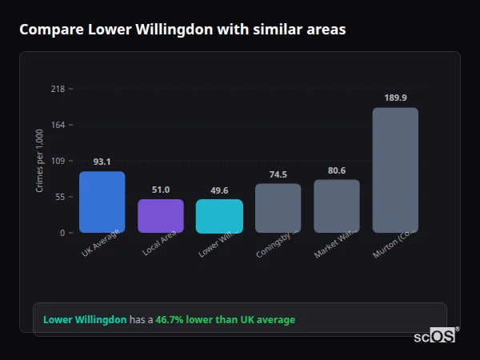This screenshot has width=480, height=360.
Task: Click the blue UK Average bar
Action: click(102, 202)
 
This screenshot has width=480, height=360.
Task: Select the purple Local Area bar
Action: click(161, 216)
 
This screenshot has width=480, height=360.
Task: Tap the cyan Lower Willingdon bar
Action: click(219, 216)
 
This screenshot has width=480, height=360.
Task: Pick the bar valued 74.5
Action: click(278, 208)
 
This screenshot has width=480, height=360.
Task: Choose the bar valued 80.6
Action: click(337, 206)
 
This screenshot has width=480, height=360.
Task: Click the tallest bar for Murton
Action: click(395, 170)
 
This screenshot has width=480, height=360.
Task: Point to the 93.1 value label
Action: click(102, 162)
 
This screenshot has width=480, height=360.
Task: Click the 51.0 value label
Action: click(161, 190)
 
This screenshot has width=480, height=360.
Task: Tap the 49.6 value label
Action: click(219, 190)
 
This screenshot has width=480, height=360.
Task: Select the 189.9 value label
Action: click(395, 98)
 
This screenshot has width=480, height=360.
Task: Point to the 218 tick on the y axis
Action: click(58, 89)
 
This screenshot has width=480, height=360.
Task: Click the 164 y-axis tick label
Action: click(58, 125)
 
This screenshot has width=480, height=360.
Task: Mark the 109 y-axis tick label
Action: click(58, 161)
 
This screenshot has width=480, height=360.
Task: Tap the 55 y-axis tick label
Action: click(60, 197)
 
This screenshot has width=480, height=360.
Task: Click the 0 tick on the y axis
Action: click(62, 233)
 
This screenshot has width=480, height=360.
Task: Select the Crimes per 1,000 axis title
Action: click(40, 161)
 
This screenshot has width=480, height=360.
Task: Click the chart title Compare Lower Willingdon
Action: click(182, 30)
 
